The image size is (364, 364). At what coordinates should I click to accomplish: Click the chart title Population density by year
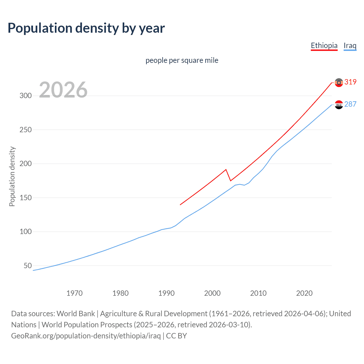tap(86, 28)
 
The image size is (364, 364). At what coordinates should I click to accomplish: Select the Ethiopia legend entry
tap(324, 45)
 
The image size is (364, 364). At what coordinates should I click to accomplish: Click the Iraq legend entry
tap(350, 45)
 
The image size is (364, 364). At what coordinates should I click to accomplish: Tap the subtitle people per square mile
tap(182, 60)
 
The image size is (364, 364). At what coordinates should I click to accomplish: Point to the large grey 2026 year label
tap(63, 90)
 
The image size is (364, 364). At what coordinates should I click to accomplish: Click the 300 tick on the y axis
tap(26, 96)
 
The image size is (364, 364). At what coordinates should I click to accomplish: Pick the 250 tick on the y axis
tap(26, 130)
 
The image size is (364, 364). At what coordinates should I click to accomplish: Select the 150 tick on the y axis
tap(26, 198)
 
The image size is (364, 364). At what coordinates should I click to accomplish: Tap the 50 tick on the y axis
tap(28, 266)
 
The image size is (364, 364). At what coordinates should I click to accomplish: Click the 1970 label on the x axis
tap(75, 293)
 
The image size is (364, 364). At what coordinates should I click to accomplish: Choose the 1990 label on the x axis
tap(166, 293)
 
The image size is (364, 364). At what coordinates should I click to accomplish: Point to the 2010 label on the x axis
tap(258, 293)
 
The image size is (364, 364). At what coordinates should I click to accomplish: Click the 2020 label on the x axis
tap(304, 293)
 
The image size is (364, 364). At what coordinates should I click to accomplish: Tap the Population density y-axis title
tap(12, 176)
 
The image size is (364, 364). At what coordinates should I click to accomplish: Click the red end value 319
tap(350, 82)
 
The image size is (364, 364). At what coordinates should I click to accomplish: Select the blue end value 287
tap(350, 104)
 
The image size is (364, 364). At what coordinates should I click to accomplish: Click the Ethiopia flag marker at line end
tap(339, 82)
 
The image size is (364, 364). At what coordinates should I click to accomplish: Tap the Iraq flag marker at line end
tap(339, 105)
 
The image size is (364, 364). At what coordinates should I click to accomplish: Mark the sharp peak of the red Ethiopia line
tap(226, 169)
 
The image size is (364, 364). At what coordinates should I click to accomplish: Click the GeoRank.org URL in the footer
tap(86, 336)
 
